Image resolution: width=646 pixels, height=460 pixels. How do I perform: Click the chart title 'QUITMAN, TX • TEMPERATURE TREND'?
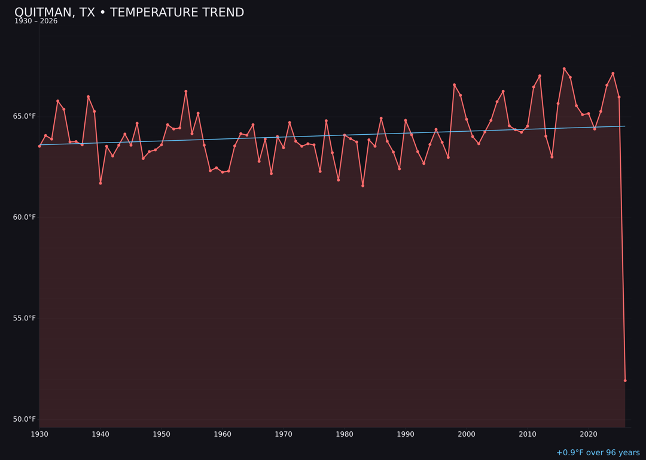[129, 13]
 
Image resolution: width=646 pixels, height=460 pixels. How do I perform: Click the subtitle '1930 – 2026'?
[36, 22]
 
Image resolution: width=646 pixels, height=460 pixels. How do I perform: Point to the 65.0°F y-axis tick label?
[25, 116]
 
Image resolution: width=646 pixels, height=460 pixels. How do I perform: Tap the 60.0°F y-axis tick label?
[25, 217]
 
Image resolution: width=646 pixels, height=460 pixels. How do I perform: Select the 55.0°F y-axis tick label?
[25, 318]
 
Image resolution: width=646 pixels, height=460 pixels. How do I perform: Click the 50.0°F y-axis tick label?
[25, 419]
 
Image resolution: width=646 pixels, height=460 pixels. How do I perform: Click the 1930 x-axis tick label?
[39, 434]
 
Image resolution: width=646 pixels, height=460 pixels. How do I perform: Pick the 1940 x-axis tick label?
[100, 434]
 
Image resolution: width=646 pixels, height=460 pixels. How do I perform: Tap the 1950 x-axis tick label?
[161, 434]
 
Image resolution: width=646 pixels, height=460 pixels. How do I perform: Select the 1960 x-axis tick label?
[223, 434]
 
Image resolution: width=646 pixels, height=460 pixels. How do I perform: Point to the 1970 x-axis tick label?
[284, 434]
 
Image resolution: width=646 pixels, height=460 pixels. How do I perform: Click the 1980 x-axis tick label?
[345, 434]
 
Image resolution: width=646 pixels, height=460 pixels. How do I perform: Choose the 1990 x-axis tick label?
[406, 434]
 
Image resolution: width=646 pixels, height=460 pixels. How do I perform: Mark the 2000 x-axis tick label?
[467, 434]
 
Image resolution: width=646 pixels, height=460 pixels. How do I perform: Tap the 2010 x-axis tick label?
[528, 434]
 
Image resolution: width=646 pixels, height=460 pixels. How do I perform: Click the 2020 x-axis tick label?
[589, 434]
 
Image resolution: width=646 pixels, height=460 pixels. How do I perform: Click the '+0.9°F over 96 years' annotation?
[598, 453]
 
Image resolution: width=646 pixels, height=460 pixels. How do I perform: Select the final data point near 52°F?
[625, 380]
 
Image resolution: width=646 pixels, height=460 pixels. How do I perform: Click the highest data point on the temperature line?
[564, 69]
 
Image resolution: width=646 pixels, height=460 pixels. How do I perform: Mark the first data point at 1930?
[39, 146]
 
